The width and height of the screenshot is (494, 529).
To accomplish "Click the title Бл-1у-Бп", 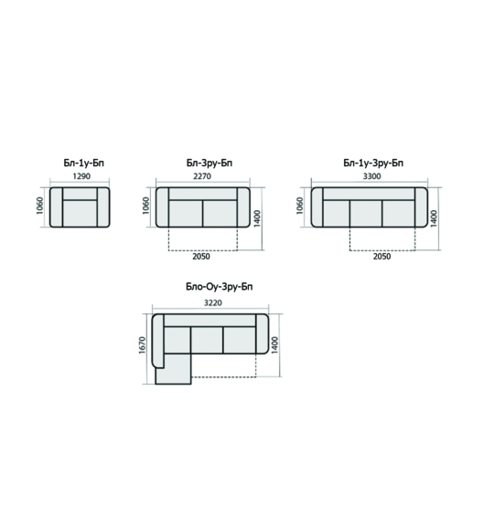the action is click(x=83, y=163).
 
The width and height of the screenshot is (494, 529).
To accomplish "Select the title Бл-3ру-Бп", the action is click(x=209, y=163).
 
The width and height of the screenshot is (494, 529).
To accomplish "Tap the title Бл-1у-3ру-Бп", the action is click(x=373, y=163).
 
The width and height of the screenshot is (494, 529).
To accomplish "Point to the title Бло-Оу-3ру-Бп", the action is click(x=220, y=287).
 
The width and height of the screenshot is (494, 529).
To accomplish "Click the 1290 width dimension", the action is click(x=81, y=176).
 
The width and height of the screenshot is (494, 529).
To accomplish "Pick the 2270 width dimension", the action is click(x=202, y=176).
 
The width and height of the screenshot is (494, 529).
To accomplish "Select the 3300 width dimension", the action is click(x=372, y=176).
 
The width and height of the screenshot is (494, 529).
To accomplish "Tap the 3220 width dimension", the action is click(x=213, y=302).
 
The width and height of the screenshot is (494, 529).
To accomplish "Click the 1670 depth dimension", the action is click(x=142, y=344).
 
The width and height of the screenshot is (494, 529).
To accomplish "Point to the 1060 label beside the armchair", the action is click(x=40, y=206).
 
